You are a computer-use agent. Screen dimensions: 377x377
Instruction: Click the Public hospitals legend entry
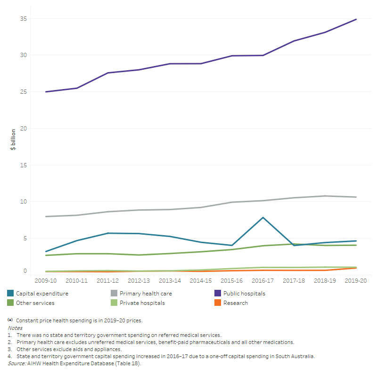[x=244, y=294]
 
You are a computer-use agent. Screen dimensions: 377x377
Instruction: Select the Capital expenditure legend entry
[x=42, y=294]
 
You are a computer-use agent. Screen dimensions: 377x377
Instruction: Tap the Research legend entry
[x=236, y=303]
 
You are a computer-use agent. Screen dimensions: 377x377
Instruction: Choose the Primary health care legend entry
[x=145, y=294]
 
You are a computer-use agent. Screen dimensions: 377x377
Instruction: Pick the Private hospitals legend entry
[x=141, y=303]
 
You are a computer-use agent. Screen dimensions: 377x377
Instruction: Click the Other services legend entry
[x=35, y=303]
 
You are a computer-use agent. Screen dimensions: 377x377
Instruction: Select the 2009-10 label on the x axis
[x=46, y=280]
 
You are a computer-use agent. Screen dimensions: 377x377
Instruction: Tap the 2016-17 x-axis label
[x=263, y=280]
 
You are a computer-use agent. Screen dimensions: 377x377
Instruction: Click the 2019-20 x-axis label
[x=356, y=280]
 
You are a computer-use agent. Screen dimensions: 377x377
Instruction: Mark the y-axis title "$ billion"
[x=13, y=139]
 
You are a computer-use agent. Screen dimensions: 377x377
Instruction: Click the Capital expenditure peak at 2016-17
[x=263, y=217]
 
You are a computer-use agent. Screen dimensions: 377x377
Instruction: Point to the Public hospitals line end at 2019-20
[x=356, y=19]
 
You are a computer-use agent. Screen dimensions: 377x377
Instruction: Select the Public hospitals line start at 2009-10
[x=46, y=92]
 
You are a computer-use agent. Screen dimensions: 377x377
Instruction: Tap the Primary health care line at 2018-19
[x=325, y=196]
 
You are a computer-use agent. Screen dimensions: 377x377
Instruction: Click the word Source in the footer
[x=16, y=363]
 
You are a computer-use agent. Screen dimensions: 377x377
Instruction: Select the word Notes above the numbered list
[x=15, y=328]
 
